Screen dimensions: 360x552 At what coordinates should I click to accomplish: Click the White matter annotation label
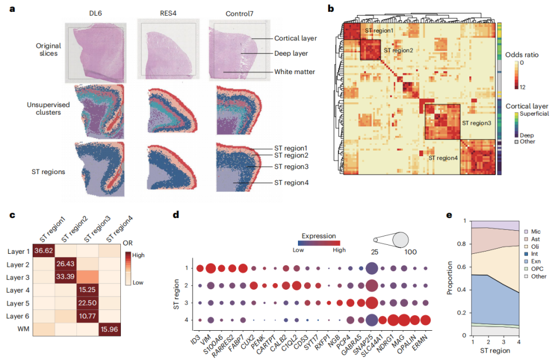pos(295,71)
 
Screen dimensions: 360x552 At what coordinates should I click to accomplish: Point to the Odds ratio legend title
pos(522,55)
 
